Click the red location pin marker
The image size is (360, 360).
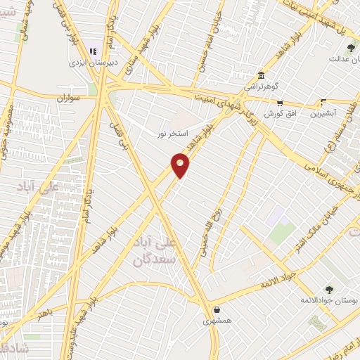(x=181, y=165)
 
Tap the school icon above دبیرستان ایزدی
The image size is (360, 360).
(x=93, y=51)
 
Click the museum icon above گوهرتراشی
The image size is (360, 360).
(x=262, y=75)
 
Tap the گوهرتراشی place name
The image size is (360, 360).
(x=262, y=86)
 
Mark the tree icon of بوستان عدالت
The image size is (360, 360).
(x=351, y=48)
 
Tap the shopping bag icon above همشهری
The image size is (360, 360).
(x=216, y=309)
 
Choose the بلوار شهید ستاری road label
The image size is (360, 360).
(x=132, y=56)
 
